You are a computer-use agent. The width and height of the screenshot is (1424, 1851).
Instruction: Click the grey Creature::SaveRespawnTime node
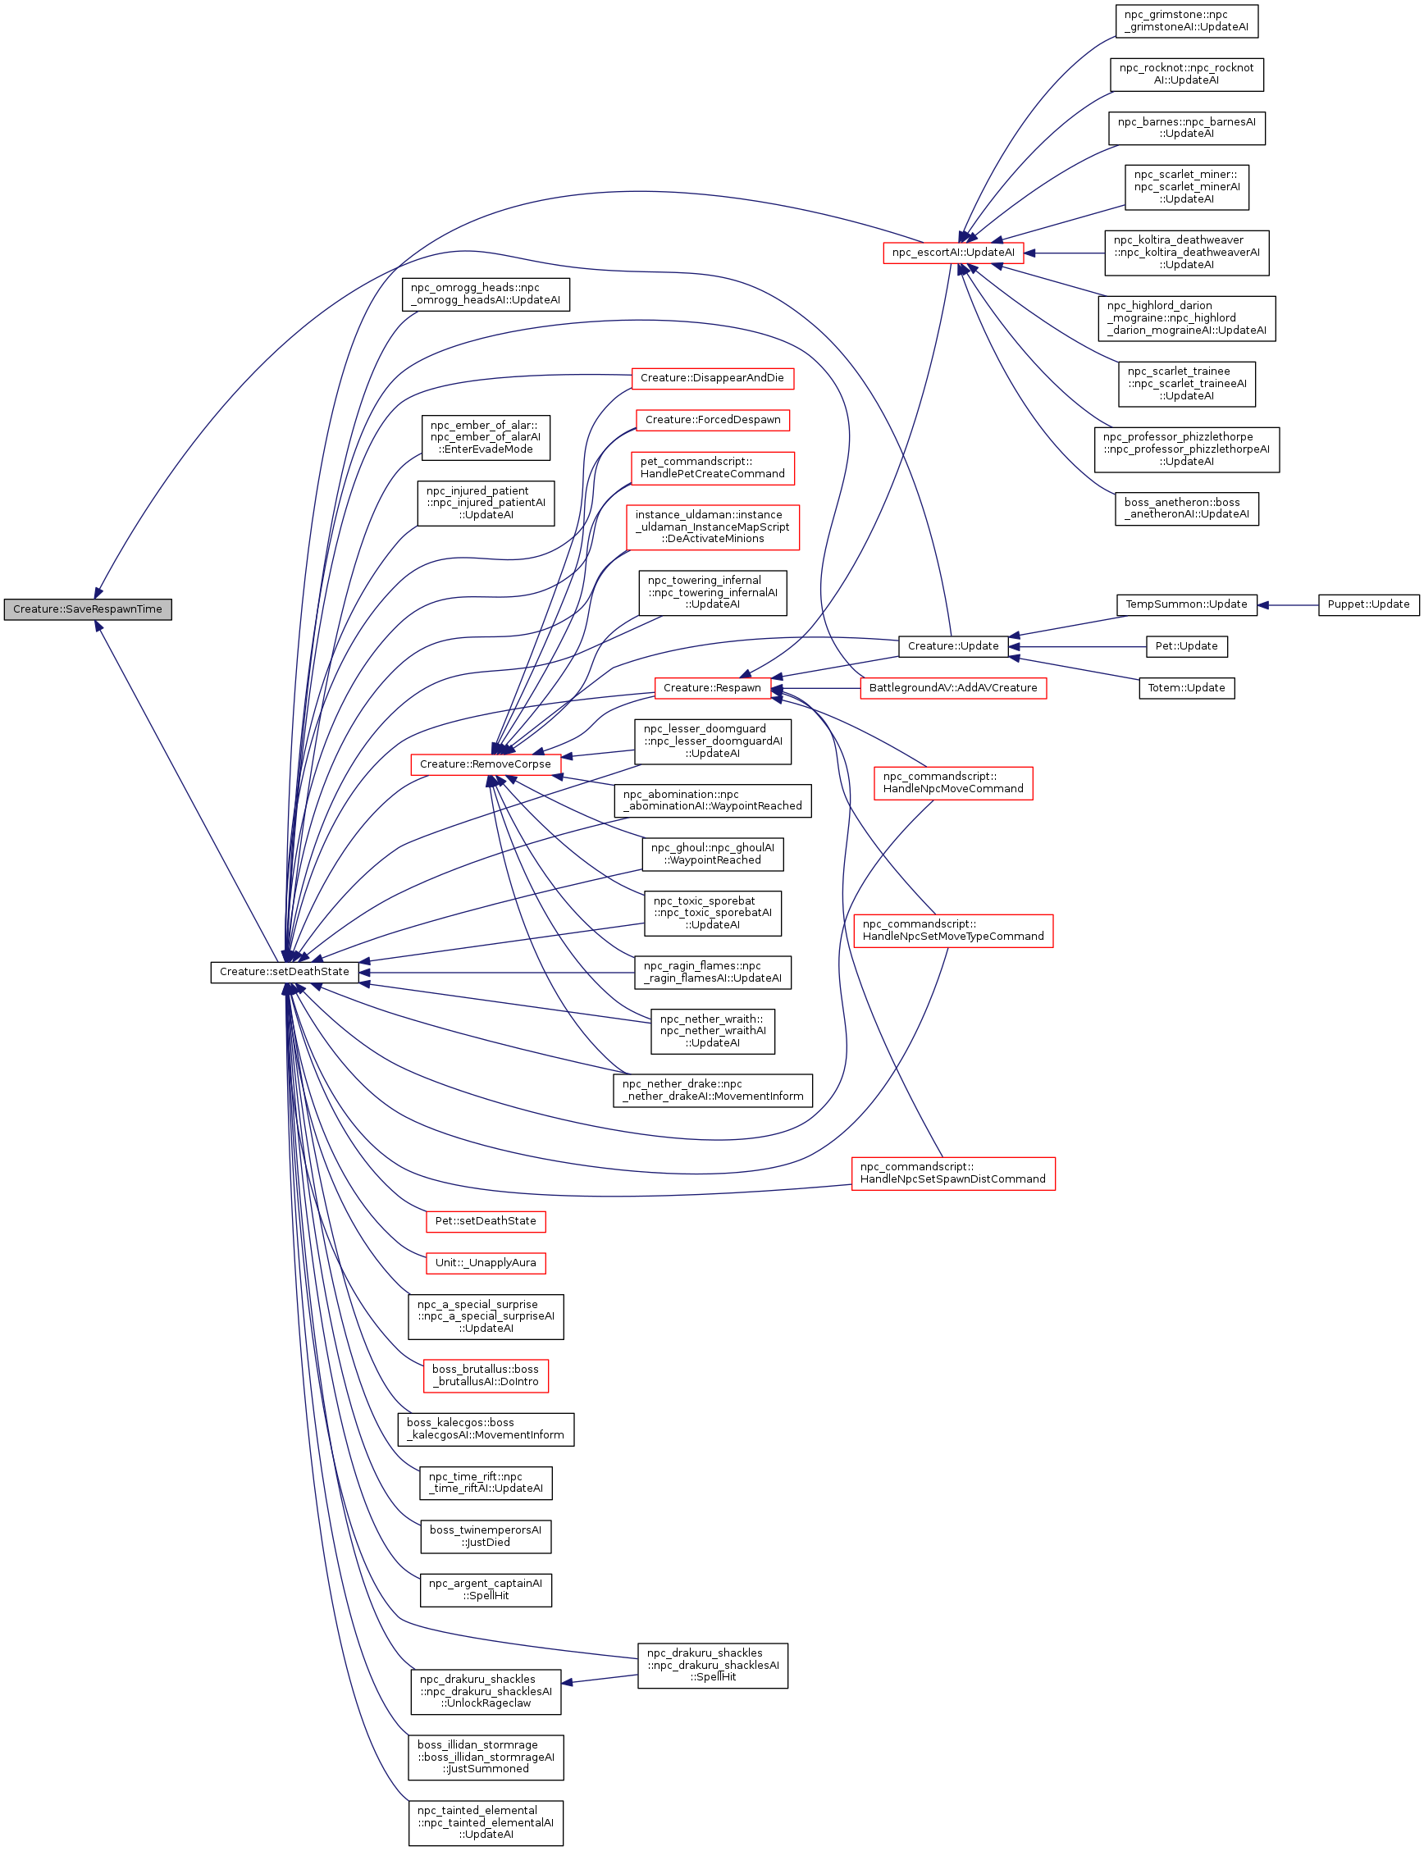87,609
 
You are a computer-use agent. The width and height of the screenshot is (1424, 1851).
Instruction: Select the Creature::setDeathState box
284,972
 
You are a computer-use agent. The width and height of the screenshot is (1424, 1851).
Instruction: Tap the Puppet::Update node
1367,605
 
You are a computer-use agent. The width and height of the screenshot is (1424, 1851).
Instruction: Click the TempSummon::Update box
1186,605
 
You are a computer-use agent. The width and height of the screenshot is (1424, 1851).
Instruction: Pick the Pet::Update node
1186,647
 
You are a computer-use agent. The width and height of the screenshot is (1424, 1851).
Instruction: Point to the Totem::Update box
1186,688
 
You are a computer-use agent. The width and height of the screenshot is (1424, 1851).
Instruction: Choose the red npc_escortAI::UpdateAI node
952,253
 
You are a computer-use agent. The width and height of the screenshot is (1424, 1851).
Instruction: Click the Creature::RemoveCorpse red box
485,764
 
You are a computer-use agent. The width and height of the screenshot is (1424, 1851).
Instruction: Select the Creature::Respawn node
712,688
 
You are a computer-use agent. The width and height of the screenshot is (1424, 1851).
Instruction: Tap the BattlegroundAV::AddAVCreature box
952,688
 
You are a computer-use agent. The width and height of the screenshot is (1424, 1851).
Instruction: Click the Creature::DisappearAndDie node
712,378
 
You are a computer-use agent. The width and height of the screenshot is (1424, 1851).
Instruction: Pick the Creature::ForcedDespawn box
712,421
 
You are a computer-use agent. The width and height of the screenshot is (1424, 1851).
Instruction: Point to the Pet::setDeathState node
485,1221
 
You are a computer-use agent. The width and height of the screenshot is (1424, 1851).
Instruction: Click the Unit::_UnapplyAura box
485,1263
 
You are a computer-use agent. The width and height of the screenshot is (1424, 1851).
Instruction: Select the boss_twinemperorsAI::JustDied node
486,1537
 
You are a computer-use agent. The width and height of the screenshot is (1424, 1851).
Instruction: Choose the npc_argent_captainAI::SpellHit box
486,1590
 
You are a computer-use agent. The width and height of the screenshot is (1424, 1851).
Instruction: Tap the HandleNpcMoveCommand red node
952,783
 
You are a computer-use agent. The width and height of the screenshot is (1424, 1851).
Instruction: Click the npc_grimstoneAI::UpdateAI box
1186,21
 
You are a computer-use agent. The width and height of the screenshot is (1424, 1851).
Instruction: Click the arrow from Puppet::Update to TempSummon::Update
1287,605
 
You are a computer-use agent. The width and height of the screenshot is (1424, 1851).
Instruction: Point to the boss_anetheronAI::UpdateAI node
1186,508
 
